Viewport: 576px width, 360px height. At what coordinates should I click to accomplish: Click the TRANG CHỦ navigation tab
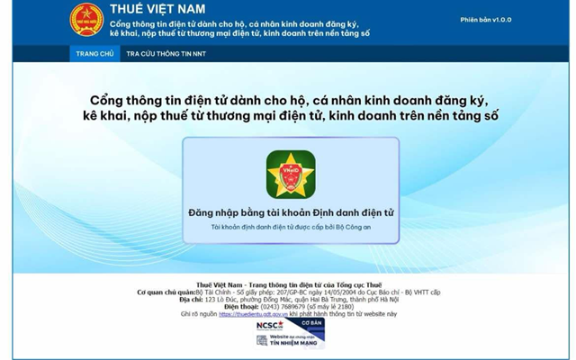(x=94, y=54)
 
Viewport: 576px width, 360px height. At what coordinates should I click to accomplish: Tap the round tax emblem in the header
(x=87, y=21)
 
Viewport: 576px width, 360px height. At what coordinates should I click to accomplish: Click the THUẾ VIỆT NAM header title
(x=157, y=10)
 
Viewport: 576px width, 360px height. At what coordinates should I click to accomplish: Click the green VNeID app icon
(x=291, y=174)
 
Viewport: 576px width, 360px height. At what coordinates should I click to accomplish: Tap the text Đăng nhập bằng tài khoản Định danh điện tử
(x=291, y=212)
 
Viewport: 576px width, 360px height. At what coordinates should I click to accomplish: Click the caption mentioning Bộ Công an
(x=291, y=228)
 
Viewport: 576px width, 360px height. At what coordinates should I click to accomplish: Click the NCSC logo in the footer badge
(x=270, y=324)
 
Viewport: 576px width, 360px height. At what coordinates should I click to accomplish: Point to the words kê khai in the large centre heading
(x=113, y=116)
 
